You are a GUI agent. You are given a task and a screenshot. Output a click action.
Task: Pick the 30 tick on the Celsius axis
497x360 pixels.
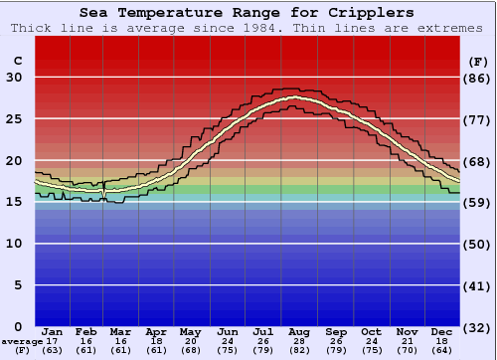coord(16,78)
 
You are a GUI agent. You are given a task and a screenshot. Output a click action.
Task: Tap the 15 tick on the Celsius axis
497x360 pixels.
coord(16,202)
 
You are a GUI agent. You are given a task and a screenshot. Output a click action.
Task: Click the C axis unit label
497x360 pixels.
coord(17,61)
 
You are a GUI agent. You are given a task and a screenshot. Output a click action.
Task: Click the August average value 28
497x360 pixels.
coord(298,341)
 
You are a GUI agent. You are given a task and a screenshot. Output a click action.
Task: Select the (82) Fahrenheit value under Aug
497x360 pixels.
coord(298,350)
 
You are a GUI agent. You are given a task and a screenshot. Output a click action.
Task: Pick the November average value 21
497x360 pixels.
coord(408,341)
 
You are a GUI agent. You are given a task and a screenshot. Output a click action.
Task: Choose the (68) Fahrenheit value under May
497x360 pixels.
coord(190,350)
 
